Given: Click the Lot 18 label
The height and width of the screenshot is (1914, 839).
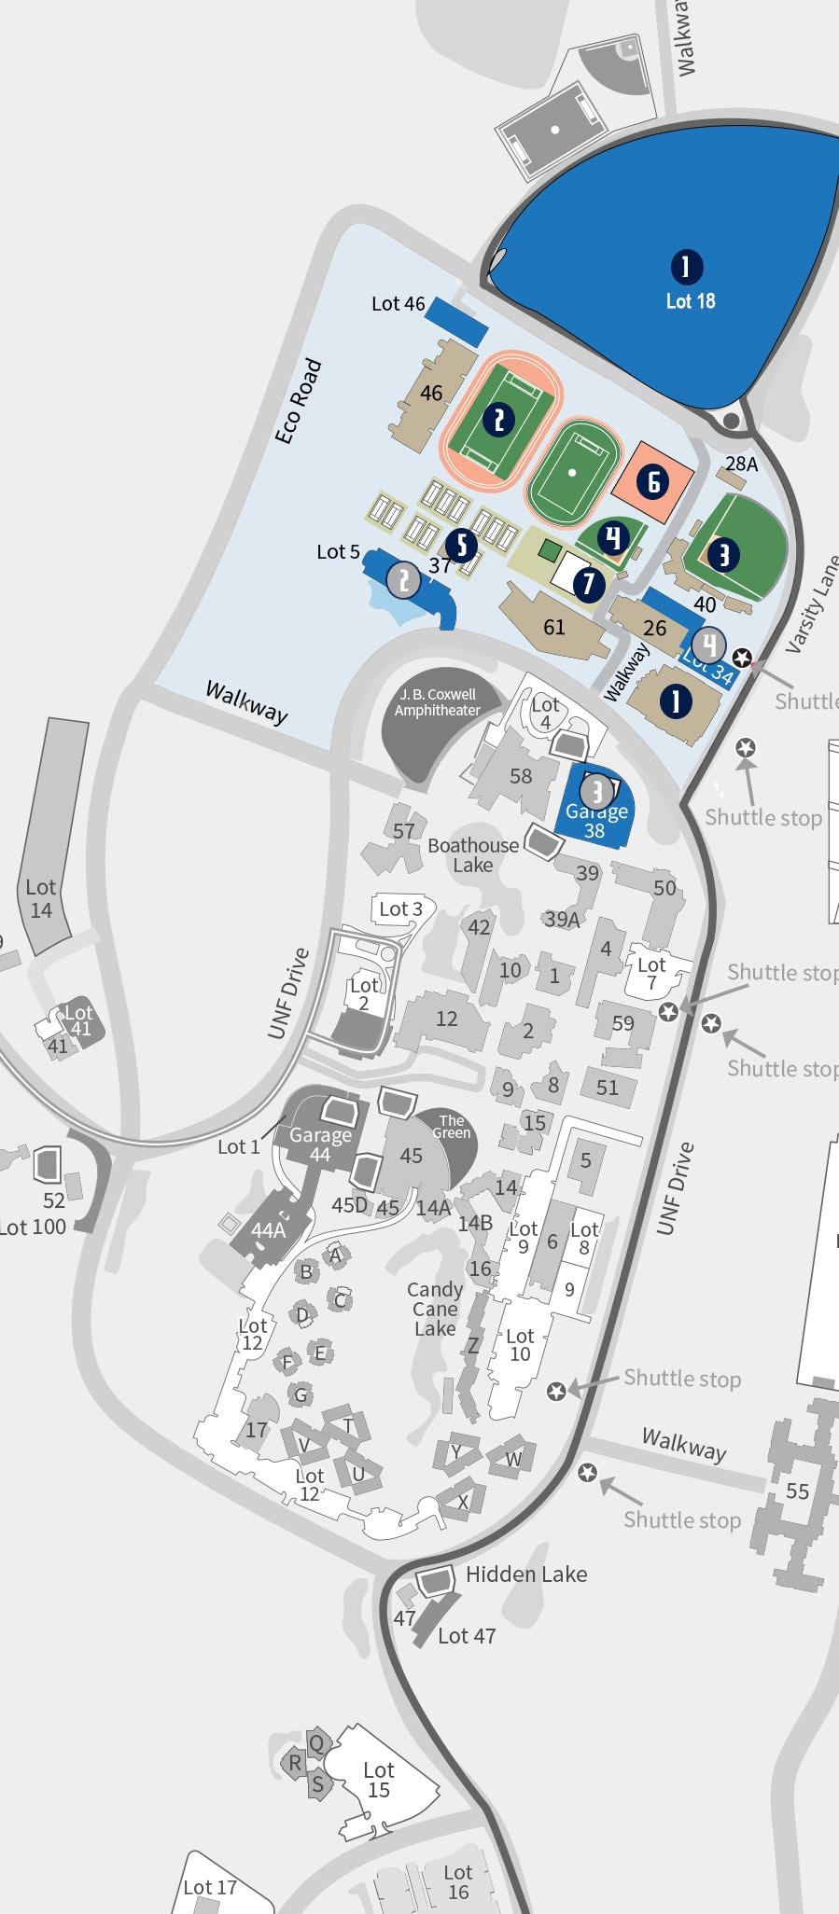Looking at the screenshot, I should coord(691,300).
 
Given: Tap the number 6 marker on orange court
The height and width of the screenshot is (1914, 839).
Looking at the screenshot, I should coord(653,481).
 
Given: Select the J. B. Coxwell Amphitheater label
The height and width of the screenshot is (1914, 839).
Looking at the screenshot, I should coord(437,702).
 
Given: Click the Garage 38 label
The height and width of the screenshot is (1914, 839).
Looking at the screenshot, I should coord(595,821).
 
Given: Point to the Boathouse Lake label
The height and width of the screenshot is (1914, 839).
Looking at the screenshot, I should coord(473,854).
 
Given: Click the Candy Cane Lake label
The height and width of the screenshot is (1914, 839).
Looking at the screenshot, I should coord(435,1309).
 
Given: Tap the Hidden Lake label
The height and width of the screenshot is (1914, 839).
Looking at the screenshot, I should coord(526,1574).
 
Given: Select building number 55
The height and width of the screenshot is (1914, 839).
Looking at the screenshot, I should coord(797,1491).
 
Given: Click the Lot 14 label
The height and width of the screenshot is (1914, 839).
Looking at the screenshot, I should coord(41,897).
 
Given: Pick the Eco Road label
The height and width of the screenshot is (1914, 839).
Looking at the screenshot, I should coord(300,401).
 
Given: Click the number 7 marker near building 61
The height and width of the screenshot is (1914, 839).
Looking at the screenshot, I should coord(588,584).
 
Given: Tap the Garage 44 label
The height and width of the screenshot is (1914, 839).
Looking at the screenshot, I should coord(320,1144).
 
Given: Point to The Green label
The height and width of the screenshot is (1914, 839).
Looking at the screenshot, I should coord(452,1127).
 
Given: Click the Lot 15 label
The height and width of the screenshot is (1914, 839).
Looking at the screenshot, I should coord(378,1780).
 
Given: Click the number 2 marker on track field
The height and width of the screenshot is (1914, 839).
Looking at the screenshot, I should coord(499,420).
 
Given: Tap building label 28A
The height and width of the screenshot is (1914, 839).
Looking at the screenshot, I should coord(741,464).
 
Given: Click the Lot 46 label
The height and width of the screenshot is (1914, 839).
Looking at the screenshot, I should coord(398,303).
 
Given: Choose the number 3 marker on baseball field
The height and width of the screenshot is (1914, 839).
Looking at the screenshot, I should coord(723,555).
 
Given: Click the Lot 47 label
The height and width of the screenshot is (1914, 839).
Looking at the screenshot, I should coord(467,1635).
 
